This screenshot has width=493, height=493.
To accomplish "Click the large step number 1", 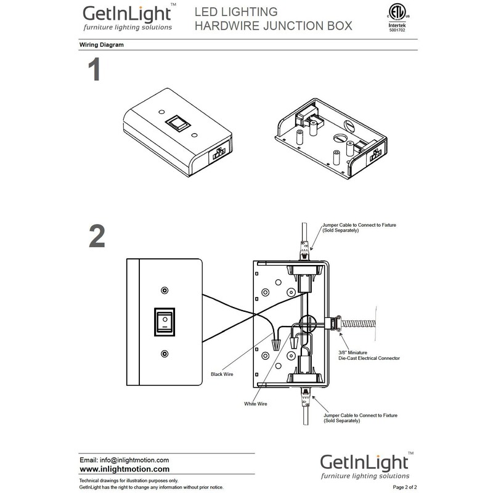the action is (93, 71).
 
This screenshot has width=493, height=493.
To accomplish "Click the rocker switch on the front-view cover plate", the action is (164, 322).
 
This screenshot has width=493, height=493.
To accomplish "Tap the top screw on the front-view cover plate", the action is (164, 290).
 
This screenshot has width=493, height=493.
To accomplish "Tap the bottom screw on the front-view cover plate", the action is (164, 354).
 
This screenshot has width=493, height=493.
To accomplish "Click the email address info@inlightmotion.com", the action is (124, 460).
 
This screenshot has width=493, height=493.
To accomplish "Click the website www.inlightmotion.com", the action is (120, 469).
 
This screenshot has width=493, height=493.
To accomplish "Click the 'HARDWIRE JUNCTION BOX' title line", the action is (273, 26).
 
